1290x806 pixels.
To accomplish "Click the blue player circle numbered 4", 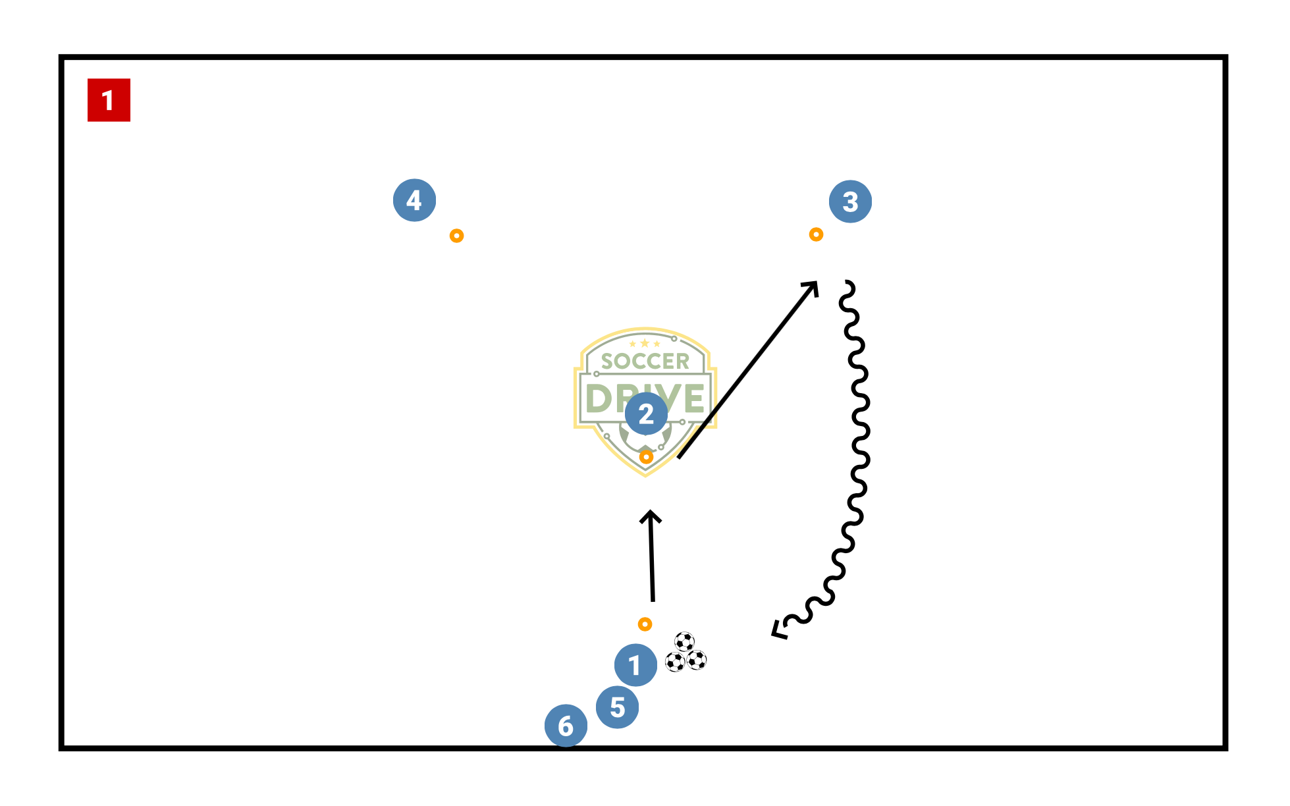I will pos(414,200).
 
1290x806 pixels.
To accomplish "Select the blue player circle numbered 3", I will pos(850,201).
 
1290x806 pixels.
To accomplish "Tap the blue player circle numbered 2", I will pos(646,414).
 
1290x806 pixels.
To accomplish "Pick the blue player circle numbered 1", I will pos(635,665).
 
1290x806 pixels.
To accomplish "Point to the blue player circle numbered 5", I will pos(617,707).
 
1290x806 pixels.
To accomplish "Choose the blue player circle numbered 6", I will pos(566,726).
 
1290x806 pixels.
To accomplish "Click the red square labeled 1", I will pos(109,100).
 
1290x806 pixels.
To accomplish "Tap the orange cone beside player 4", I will pos(456,236).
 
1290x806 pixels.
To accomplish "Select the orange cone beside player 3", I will pos(816,234).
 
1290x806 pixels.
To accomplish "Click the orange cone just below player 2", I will pos(646,456).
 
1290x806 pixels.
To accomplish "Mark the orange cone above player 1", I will pos(645,624).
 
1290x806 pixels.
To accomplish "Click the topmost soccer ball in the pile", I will pos(684,641).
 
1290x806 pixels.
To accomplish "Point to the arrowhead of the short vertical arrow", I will pos(651,515).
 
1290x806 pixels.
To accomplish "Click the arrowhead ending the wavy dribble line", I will pos(778,631).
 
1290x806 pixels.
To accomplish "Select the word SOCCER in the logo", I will pos(645,361).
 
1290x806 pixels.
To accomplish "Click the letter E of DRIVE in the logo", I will pos(694,398).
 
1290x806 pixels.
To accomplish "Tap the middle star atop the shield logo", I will pos(645,343).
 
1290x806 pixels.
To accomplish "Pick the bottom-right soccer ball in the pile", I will pos(696,660).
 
